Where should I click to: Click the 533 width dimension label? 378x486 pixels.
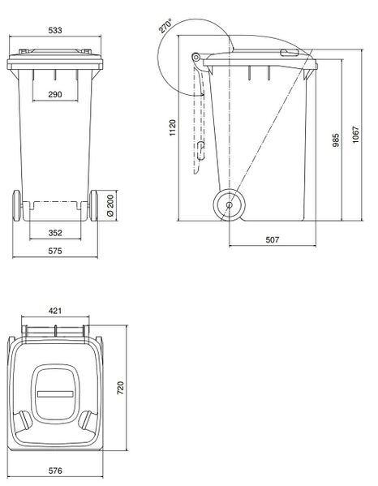54,30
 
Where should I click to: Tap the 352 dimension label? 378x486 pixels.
54,233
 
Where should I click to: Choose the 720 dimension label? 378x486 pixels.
121,389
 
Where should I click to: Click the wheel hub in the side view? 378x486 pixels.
230,205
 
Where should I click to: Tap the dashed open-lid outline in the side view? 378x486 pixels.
197,122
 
